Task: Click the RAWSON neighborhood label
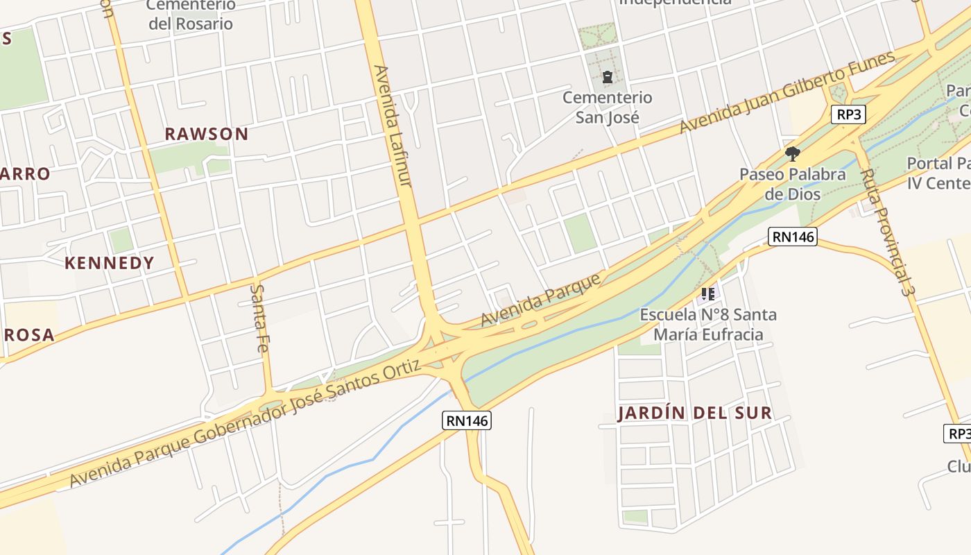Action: [x=206, y=134]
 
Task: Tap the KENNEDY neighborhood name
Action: [x=110, y=263]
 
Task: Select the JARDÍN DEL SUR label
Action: [x=694, y=413]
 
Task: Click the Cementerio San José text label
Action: [x=607, y=107]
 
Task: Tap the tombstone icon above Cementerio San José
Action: [x=608, y=77]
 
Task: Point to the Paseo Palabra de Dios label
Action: [x=792, y=183]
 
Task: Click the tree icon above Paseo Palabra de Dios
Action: [x=792, y=153]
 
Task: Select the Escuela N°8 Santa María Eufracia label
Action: [x=708, y=324]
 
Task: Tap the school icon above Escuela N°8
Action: [x=708, y=294]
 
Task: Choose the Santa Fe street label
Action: [x=259, y=318]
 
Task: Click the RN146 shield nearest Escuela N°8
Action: [x=793, y=237]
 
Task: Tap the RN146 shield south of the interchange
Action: [x=467, y=420]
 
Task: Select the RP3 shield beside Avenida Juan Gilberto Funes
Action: [x=848, y=114]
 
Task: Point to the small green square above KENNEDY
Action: [x=121, y=240]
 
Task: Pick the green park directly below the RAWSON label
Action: [x=178, y=160]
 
